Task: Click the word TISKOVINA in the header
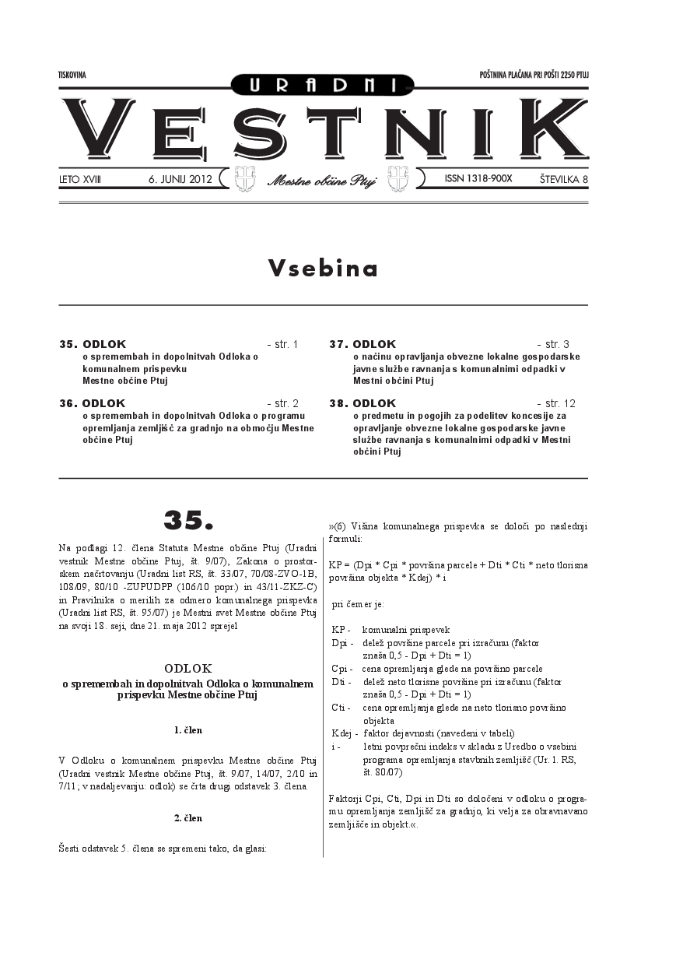[x=72, y=75]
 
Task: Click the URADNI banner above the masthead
[x=322, y=84]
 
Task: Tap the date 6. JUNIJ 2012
[x=180, y=179]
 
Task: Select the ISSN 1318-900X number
[x=478, y=179]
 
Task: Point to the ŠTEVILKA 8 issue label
[x=563, y=179]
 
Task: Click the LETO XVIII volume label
[x=80, y=179]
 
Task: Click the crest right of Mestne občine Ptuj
[x=398, y=178]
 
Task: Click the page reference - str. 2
[x=282, y=403]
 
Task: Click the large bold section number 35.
[x=187, y=519]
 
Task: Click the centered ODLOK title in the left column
[x=188, y=668]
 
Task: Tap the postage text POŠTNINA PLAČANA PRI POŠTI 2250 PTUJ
[x=534, y=75]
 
